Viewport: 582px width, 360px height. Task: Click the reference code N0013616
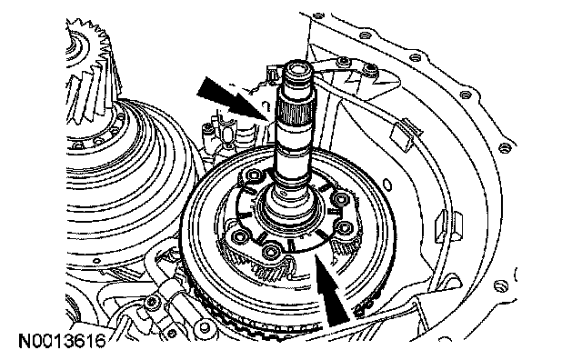(x=63, y=341)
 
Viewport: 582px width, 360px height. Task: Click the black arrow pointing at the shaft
(x=234, y=99)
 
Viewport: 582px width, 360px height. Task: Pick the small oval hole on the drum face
(x=386, y=184)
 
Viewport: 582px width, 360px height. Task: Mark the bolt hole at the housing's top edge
(x=318, y=16)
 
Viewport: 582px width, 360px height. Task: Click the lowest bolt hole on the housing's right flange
(x=500, y=285)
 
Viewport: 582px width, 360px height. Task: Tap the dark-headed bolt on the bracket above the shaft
(x=370, y=68)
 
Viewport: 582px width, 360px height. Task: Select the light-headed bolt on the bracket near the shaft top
(x=344, y=61)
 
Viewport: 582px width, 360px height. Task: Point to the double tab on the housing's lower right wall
(x=448, y=226)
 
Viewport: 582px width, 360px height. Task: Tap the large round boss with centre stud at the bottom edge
(x=206, y=326)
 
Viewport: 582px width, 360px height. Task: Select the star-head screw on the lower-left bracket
(x=151, y=302)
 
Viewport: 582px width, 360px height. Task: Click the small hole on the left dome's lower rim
(x=97, y=261)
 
